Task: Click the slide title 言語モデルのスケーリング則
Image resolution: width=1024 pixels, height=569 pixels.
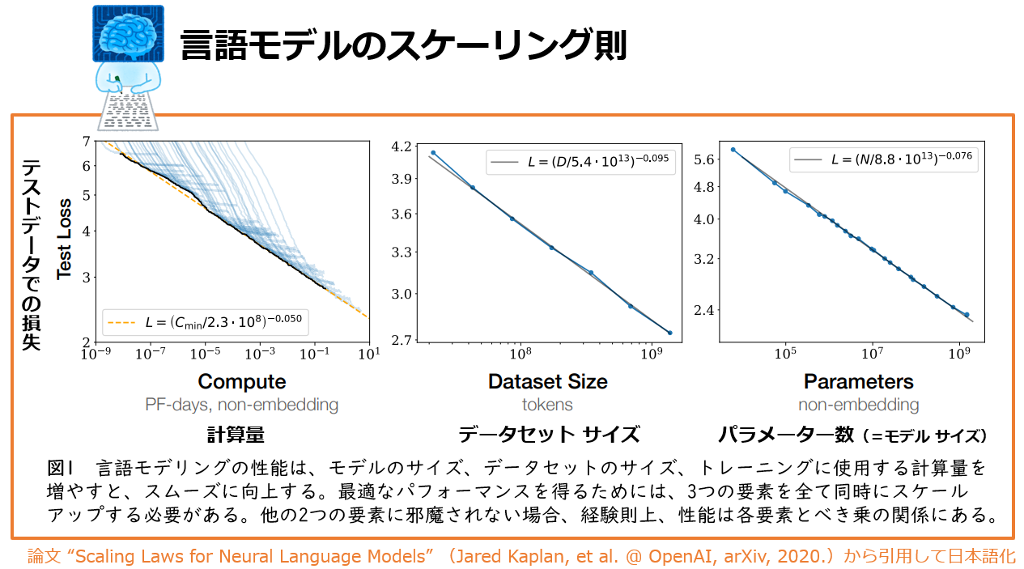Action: (x=403, y=45)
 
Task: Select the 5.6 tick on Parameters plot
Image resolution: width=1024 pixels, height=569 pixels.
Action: (x=704, y=159)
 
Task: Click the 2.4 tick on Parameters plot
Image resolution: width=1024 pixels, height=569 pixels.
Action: (x=704, y=310)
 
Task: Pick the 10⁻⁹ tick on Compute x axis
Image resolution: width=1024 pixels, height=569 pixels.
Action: (x=96, y=354)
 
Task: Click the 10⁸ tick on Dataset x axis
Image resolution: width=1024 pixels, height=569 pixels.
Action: (x=518, y=354)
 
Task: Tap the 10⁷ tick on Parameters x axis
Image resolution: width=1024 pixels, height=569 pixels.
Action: (x=872, y=354)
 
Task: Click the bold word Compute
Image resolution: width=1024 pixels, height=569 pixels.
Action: (x=242, y=381)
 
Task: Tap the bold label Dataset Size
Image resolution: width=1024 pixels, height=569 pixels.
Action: (x=548, y=381)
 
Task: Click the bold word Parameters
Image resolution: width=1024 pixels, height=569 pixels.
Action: (x=858, y=381)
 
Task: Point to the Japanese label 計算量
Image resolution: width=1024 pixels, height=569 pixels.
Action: (x=236, y=435)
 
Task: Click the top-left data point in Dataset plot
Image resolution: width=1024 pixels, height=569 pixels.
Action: (x=433, y=152)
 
